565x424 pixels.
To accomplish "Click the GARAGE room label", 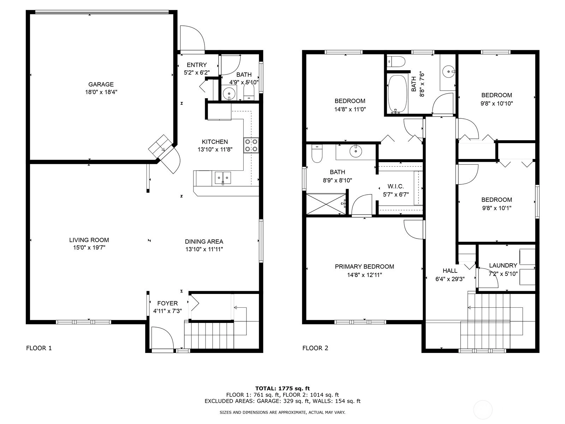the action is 101,84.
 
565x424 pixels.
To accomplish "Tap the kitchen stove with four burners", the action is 251,146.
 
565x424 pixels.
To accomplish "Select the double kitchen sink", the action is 223,178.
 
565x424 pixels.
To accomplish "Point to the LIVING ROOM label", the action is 89,240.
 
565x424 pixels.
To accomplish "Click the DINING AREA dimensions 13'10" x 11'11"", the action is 204,249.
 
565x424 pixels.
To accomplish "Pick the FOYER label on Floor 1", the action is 168,303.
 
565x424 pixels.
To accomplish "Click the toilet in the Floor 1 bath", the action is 249,92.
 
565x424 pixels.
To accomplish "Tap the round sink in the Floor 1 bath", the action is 229,93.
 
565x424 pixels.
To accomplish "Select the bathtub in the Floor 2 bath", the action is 397,94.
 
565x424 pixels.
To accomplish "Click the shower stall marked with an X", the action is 326,204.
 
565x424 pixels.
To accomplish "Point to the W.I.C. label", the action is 395,186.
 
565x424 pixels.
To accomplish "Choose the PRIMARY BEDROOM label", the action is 364,266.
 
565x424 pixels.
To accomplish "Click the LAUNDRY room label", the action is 503,265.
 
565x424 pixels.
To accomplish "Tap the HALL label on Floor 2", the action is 450,271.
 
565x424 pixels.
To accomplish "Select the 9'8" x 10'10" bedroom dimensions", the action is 497,104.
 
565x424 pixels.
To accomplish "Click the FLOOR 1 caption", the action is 39,348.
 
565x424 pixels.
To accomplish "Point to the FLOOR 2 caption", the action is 315,348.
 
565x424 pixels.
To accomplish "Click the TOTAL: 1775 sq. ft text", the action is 282,388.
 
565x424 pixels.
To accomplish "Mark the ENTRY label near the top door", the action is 197,65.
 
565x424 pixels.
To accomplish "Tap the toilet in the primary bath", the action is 317,154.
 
